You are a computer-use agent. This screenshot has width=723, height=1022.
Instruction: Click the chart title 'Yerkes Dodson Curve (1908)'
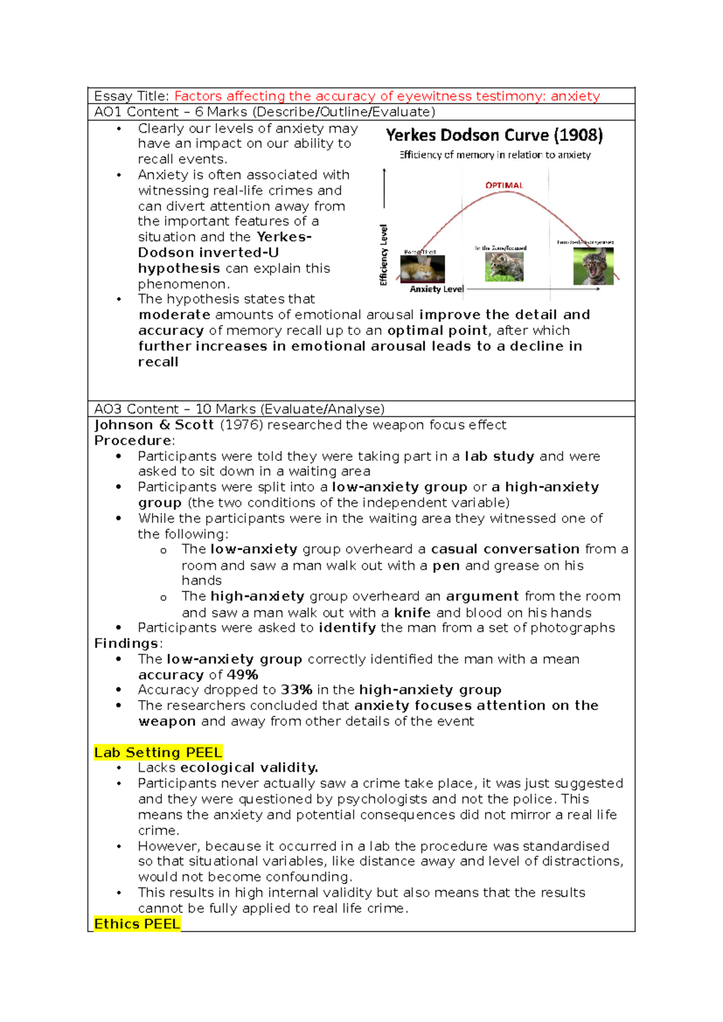tap(494, 135)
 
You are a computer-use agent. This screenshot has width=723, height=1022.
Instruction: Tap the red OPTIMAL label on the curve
tap(504, 185)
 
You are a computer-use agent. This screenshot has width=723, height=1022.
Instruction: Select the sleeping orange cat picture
tap(422, 268)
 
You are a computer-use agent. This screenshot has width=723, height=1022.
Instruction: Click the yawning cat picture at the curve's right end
tap(593, 266)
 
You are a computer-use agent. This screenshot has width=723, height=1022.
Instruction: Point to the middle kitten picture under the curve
tap(504, 266)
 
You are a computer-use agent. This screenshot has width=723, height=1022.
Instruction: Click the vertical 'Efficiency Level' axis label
tap(384, 254)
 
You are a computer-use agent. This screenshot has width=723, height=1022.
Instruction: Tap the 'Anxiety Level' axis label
tap(436, 289)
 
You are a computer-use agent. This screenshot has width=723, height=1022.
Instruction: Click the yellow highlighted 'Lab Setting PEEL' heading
tap(158, 752)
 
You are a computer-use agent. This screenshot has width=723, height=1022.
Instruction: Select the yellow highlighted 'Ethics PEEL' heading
tap(137, 924)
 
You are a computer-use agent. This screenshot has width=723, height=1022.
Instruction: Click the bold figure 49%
tap(242, 675)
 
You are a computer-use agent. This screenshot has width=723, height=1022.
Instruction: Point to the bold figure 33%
tap(296, 689)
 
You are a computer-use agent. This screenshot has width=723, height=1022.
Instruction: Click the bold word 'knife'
tap(412, 613)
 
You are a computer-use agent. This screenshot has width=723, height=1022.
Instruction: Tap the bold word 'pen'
tap(446, 565)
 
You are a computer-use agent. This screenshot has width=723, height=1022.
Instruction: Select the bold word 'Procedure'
tap(133, 440)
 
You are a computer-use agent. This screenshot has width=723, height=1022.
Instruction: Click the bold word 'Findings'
tap(126, 643)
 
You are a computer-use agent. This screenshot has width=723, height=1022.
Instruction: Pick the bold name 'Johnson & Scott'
tap(154, 425)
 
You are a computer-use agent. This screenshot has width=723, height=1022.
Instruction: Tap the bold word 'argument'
tap(482, 596)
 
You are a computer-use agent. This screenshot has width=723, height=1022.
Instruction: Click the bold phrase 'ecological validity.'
tap(249, 768)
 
